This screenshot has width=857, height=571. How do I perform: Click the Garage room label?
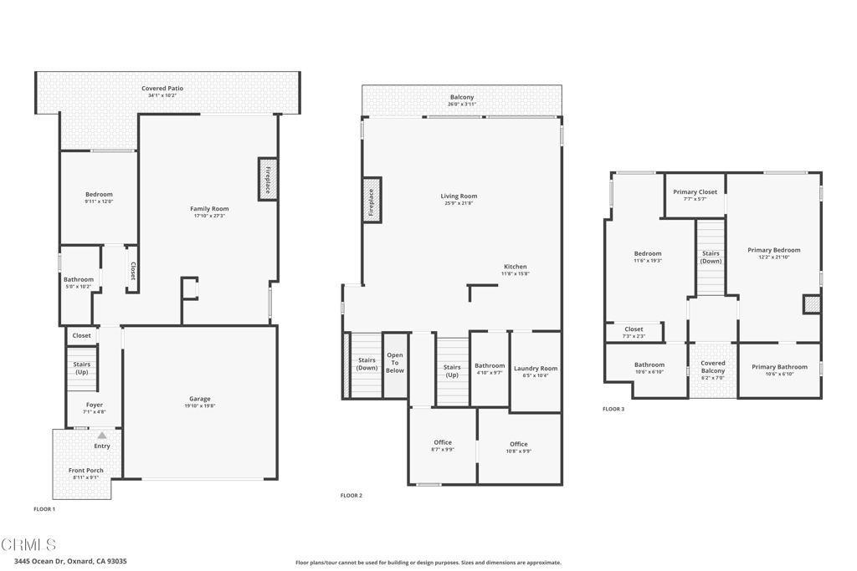pyautogui.click(x=199, y=399)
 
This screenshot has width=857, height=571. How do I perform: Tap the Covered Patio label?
pyautogui.click(x=162, y=89)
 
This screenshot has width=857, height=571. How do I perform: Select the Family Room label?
pyautogui.click(x=209, y=209)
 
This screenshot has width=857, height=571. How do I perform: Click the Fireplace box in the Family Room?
pyautogui.click(x=267, y=179)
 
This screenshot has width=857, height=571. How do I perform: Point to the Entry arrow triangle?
pyautogui.click(x=102, y=436)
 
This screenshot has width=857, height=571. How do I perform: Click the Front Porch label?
pyautogui.click(x=86, y=471)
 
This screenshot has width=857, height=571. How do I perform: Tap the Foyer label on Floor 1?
pyautogui.click(x=95, y=405)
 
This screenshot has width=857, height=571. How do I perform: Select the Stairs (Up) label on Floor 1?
pyautogui.click(x=82, y=368)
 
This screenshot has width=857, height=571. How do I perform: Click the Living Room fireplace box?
pyautogui.click(x=372, y=201)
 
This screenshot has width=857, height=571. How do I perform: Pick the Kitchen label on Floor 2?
pyautogui.click(x=515, y=267)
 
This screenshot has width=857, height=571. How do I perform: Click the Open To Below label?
pyautogui.click(x=395, y=363)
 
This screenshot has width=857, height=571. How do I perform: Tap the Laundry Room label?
pyautogui.click(x=536, y=368)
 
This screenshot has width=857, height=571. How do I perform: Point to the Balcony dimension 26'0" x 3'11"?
pyautogui.click(x=461, y=105)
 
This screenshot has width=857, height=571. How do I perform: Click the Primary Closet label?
pyautogui.click(x=695, y=192)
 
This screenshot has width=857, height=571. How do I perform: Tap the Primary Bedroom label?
pyautogui.click(x=774, y=250)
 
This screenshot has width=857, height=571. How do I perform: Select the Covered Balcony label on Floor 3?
pyautogui.click(x=713, y=367)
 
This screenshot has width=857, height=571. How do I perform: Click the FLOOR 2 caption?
pyautogui.click(x=352, y=496)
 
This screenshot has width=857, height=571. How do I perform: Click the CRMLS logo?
pyautogui.click(x=28, y=544)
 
